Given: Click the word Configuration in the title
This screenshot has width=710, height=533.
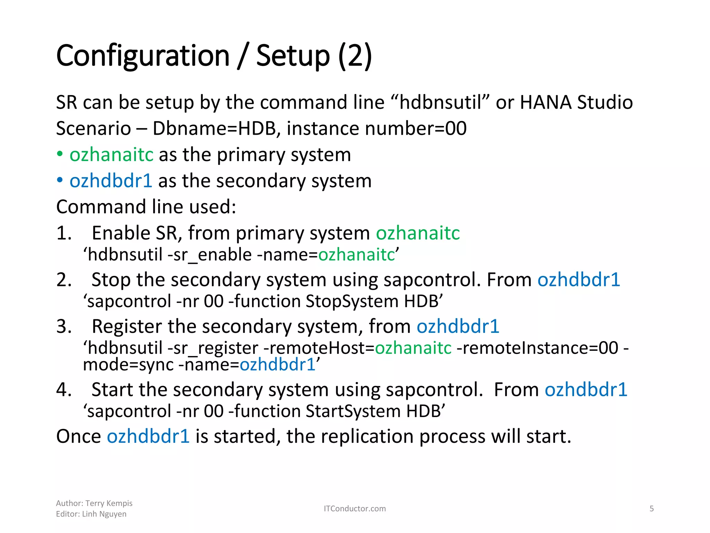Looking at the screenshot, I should pyautogui.click(x=142, y=56).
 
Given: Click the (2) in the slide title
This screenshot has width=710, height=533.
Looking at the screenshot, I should pyautogui.click(x=355, y=56).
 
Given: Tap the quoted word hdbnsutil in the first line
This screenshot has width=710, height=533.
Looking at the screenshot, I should pyautogui.click(x=440, y=103).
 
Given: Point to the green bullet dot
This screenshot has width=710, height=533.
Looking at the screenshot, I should pyautogui.click(x=60, y=154).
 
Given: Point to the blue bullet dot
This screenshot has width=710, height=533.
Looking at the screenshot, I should pyautogui.click(x=60, y=180).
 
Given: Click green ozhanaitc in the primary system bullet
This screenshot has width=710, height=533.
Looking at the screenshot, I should pyautogui.click(x=111, y=155).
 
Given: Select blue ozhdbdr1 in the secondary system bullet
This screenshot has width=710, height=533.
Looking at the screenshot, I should pyautogui.click(x=111, y=181).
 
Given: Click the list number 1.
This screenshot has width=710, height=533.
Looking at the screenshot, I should pyautogui.click(x=64, y=233).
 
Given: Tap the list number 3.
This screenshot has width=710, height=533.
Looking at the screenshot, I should pyautogui.click(x=64, y=327).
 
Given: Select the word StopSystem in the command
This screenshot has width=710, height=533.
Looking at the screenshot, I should pyautogui.click(x=352, y=301).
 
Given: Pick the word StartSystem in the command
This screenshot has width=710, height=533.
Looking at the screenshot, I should pyautogui.click(x=353, y=411).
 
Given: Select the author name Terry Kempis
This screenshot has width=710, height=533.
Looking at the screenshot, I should pyautogui.click(x=109, y=503).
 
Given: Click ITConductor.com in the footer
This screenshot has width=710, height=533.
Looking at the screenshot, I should pyautogui.click(x=355, y=509).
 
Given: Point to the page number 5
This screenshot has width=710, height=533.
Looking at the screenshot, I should pyautogui.click(x=651, y=509).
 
